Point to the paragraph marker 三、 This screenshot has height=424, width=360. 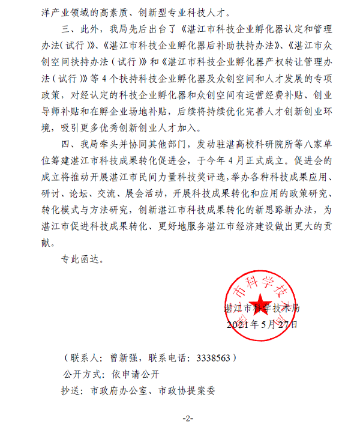point(70,28)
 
